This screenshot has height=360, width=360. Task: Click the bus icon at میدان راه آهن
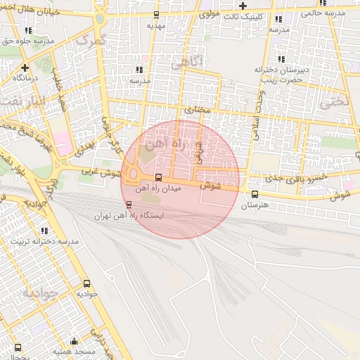[158, 177]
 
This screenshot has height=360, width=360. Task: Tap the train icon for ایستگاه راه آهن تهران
[128, 205]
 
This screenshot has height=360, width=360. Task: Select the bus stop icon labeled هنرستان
[255, 194]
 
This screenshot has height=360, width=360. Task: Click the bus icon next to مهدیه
[155, 14]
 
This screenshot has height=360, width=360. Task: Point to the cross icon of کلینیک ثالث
[243, 6]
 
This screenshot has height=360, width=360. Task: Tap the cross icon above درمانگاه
[25, 67]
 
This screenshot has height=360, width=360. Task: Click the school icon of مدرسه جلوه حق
[28, 31]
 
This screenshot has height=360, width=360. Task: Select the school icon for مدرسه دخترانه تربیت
[44, 231]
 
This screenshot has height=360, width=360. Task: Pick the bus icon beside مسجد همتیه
[18, 347]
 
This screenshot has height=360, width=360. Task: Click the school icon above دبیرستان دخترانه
[282, 60]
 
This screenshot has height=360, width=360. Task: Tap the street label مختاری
[198, 110]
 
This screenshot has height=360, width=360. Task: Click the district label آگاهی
[186, 64]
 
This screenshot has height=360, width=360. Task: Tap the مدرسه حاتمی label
[323, 13]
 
